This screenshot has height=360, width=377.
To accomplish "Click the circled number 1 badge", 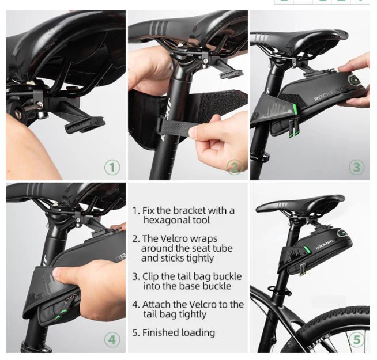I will [112, 168].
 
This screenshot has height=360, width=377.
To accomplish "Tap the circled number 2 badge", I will [234, 168].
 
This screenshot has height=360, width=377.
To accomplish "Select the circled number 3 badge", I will [356, 168].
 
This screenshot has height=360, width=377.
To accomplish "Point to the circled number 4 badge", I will [112, 339].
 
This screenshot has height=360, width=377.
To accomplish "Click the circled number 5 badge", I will [356, 339].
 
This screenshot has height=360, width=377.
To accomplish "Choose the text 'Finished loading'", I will [178, 332].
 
